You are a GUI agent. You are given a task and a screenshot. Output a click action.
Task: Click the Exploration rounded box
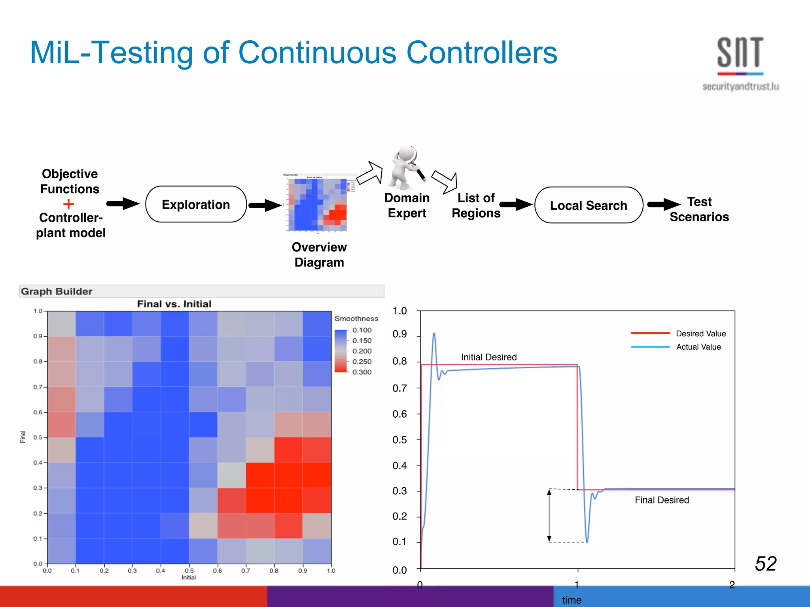[x=196, y=204]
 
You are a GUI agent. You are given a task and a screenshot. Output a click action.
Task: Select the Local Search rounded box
[x=588, y=205]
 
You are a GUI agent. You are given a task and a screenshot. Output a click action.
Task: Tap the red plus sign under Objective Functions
[x=68, y=204]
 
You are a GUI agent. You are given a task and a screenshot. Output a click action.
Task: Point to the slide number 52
[x=765, y=563]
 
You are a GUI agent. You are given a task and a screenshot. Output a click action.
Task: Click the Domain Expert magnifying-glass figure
[x=407, y=168]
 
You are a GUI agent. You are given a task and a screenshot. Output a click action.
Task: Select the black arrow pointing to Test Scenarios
[x=664, y=204]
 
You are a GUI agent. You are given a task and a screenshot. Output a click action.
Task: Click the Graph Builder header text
[x=57, y=291]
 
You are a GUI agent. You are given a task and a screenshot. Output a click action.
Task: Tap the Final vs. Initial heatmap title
[x=174, y=304]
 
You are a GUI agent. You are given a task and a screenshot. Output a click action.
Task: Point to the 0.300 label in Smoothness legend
[x=361, y=372]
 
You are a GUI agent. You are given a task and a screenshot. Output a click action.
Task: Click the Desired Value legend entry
[x=700, y=334]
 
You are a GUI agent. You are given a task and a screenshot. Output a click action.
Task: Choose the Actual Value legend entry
[x=698, y=347]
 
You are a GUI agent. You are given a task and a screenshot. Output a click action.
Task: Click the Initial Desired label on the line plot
[x=488, y=357]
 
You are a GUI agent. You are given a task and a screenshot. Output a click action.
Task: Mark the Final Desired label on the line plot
[x=661, y=500]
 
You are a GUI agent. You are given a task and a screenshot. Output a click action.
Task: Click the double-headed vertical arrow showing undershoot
[x=549, y=515]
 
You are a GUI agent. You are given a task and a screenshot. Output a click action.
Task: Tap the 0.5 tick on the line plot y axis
[x=399, y=440]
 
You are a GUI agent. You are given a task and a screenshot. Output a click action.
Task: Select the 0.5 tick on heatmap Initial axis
[x=189, y=571]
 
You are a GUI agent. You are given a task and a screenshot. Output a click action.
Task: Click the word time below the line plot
[x=572, y=600]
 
